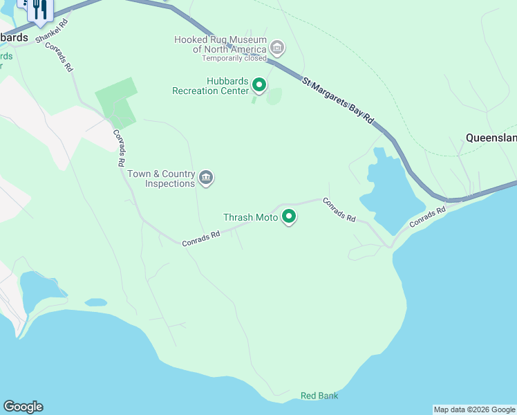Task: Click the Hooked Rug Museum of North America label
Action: [x=220, y=44]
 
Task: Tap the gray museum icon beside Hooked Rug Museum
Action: [x=277, y=48]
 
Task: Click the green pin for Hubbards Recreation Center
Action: [x=259, y=85]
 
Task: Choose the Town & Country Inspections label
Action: [x=169, y=178]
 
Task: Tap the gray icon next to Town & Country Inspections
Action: [x=206, y=178]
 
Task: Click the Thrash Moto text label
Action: [x=250, y=217]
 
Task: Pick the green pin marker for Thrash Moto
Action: [x=289, y=217]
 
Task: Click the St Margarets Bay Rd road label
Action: [x=338, y=101]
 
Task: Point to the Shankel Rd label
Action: [x=53, y=31]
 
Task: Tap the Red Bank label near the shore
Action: [x=319, y=396]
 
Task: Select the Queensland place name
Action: [x=491, y=138]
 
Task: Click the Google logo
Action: [x=23, y=407]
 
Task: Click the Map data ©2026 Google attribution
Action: [x=474, y=409]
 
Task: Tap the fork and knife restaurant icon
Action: [x=39, y=8]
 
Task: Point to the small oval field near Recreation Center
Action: [x=274, y=96]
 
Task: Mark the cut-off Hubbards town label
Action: [x=14, y=37]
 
